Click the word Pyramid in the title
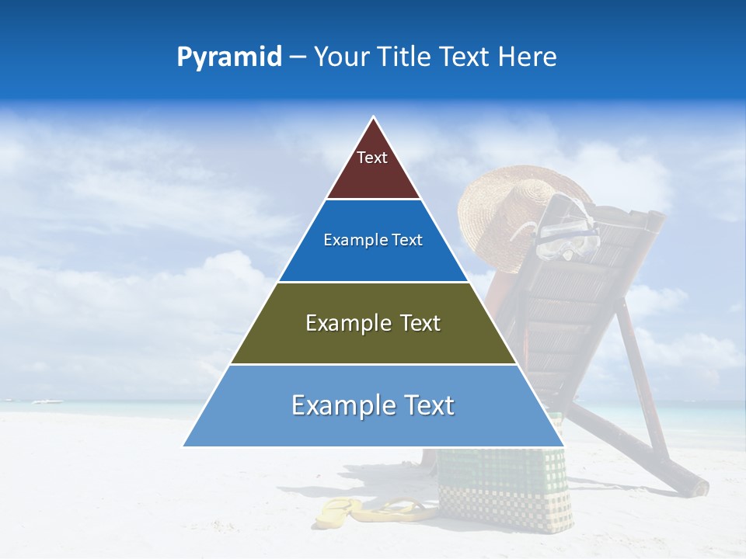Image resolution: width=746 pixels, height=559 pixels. pyautogui.click(x=229, y=57)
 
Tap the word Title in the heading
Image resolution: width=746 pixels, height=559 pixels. pyautogui.click(x=410, y=57)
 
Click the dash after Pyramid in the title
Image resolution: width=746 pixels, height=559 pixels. pyautogui.click(x=297, y=58)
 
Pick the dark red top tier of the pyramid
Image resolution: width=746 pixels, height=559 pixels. pyautogui.click(x=373, y=175)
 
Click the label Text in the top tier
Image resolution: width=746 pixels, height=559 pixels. pyautogui.click(x=372, y=158)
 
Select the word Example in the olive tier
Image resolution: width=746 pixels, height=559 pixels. pyautogui.click(x=347, y=323)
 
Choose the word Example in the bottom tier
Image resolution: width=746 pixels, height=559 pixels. pyautogui.click(x=341, y=405)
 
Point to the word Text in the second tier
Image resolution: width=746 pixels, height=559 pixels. pyautogui.click(x=407, y=240)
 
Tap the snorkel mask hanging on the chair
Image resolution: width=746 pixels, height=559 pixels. pyautogui.click(x=571, y=233)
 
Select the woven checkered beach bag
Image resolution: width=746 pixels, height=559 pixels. pyautogui.click(x=505, y=489)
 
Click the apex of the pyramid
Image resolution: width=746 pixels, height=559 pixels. pyautogui.click(x=374, y=119)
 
